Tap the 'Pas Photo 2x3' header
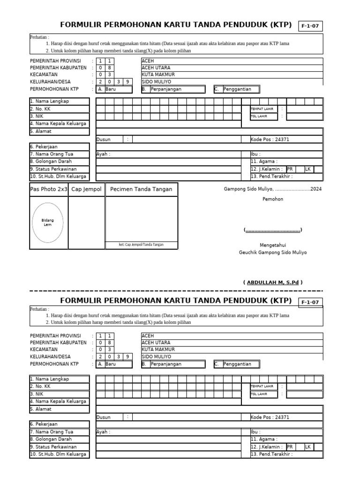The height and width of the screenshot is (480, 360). pyautogui.click(x=49, y=189)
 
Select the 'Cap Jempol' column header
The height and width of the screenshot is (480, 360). pyautogui.click(x=86, y=189)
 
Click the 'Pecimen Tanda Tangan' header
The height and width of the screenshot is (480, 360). pyautogui.click(x=141, y=189)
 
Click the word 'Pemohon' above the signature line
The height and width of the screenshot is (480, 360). pyautogui.click(x=273, y=199)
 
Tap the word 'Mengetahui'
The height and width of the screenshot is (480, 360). pyautogui.click(x=273, y=245)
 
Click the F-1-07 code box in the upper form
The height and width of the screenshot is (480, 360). pyautogui.click(x=310, y=26)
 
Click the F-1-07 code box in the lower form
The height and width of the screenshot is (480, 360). pyautogui.click(x=310, y=302)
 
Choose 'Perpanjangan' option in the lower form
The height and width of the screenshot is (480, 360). pyautogui.click(x=166, y=364)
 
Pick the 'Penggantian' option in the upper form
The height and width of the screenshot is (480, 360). pyautogui.click(x=237, y=89)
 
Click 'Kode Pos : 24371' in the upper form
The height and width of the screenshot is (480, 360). pyautogui.click(x=270, y=140)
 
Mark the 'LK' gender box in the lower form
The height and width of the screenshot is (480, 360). pyautogui.click(x=308, y=447)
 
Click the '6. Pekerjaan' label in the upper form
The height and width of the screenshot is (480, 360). pyautogui.click(x=44, y=147)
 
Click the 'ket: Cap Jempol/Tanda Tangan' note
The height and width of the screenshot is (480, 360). pyautogui.click(x=141, y=245)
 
